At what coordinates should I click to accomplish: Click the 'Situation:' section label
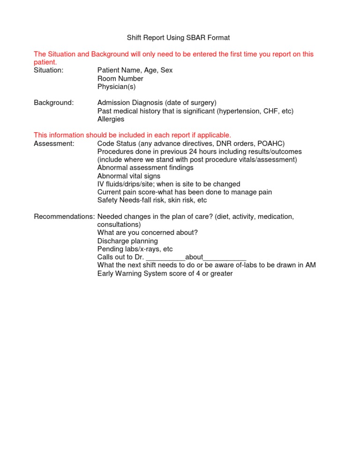49,70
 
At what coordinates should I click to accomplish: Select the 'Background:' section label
53,103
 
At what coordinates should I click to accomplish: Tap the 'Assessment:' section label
54,143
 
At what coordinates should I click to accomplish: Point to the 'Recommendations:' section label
64,217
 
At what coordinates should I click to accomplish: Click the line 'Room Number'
120,79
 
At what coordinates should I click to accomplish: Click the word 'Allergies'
111,119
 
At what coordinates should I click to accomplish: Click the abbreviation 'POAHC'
270,143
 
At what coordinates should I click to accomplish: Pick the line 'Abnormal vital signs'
128,176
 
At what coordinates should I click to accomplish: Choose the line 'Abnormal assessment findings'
145,168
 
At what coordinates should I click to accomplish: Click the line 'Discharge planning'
127,241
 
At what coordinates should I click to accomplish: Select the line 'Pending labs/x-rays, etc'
135,249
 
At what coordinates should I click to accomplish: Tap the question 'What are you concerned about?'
147,233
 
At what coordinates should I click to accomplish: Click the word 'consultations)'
119,225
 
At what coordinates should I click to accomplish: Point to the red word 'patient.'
45,62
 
